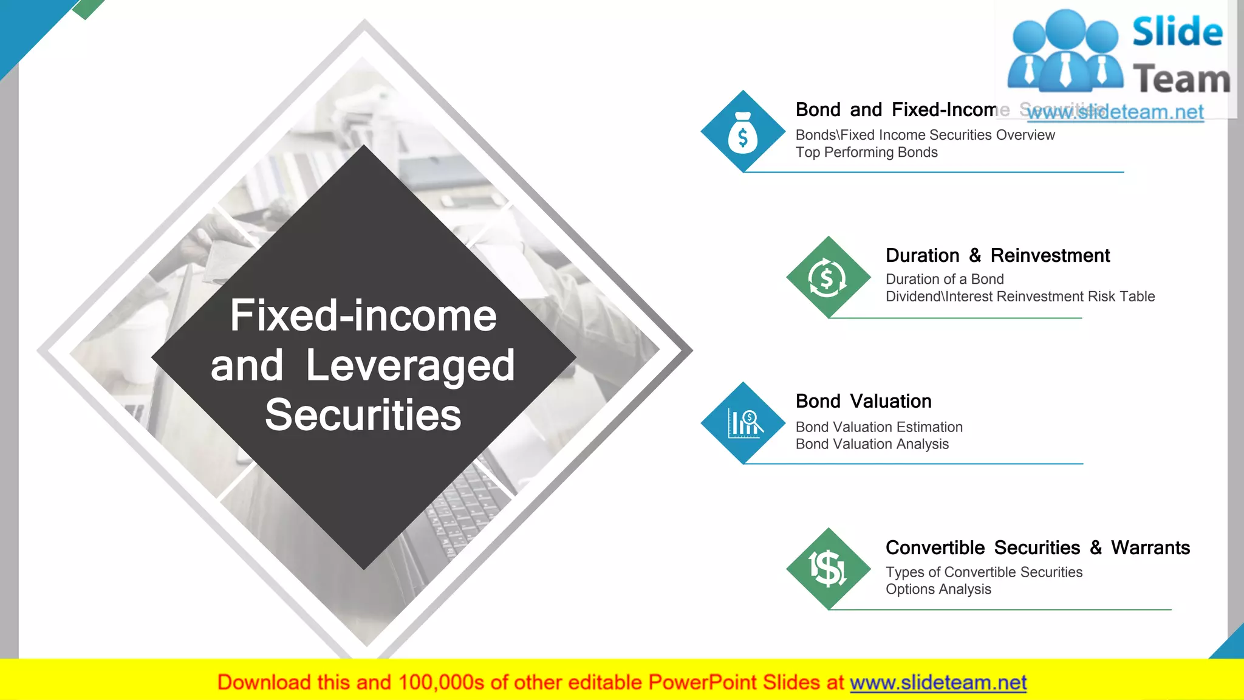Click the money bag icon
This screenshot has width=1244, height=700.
coord(742,132)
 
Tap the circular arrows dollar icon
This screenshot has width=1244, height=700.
coord(827,278)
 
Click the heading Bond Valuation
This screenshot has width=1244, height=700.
coord(863,401)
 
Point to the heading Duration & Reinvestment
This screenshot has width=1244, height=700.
coord(997,255)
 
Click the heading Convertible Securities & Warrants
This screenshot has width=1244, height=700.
coord(1037,547)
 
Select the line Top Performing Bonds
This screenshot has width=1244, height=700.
coord(866,153)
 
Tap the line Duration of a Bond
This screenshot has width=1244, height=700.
coord(944,279)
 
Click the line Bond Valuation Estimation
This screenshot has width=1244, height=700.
coord(879,427)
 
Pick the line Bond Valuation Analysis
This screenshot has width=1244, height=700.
coord(872,444)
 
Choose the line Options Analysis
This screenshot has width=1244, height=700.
coord(938,589)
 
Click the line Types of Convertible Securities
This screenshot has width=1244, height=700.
coord(983,572)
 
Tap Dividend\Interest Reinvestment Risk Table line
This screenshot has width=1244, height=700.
coord(1020,297)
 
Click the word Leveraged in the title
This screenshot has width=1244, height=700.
coord(410,366)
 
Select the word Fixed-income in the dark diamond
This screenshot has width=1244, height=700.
coord(363,316)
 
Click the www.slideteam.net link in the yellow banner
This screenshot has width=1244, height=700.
coord(938,682)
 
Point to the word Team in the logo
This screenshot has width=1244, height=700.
coord(1181,80)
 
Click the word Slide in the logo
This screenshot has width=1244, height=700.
coord(1177,32)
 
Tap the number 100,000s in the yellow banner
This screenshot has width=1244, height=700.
coord(441,682)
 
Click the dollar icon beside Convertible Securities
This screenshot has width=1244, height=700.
coord(827,569)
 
